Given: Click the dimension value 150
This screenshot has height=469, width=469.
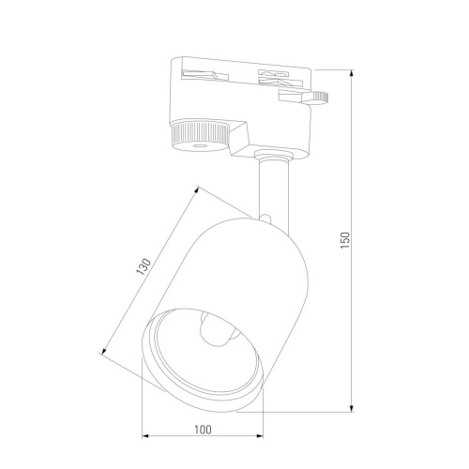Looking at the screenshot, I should (345, 239).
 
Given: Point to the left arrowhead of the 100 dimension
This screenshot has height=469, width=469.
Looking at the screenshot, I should (145, 436).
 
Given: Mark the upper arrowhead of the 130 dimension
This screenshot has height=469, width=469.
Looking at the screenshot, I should (200, 188).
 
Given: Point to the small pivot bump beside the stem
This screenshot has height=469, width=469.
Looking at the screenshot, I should (270, 221).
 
